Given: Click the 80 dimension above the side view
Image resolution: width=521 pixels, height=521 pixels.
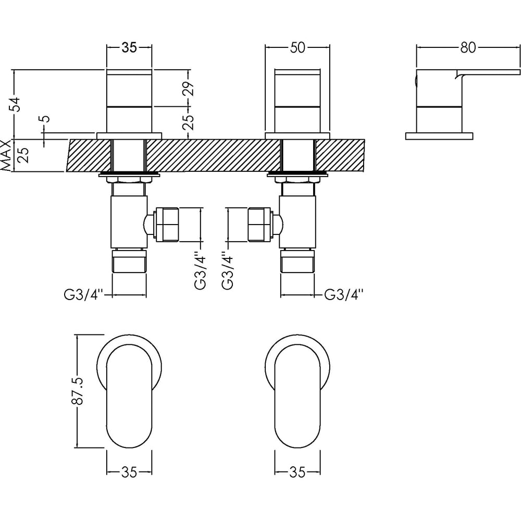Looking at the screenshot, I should (468, 47).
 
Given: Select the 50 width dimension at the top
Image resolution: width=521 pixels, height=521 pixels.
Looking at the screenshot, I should (297, 47).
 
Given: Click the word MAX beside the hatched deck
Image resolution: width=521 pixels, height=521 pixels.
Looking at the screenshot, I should (6, 155).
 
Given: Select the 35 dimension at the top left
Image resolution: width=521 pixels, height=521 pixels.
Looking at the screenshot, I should (129, 47).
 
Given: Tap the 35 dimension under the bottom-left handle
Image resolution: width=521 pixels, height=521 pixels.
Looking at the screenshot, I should (129, 472).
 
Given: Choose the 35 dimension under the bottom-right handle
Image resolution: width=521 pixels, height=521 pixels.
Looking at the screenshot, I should (297, 472).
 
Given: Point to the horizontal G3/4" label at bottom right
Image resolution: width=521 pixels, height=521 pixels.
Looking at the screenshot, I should (343, 295).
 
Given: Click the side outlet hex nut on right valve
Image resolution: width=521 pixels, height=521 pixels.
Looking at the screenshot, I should (260, 225).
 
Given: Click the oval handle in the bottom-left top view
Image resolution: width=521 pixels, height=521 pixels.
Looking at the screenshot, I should (129, 399).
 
